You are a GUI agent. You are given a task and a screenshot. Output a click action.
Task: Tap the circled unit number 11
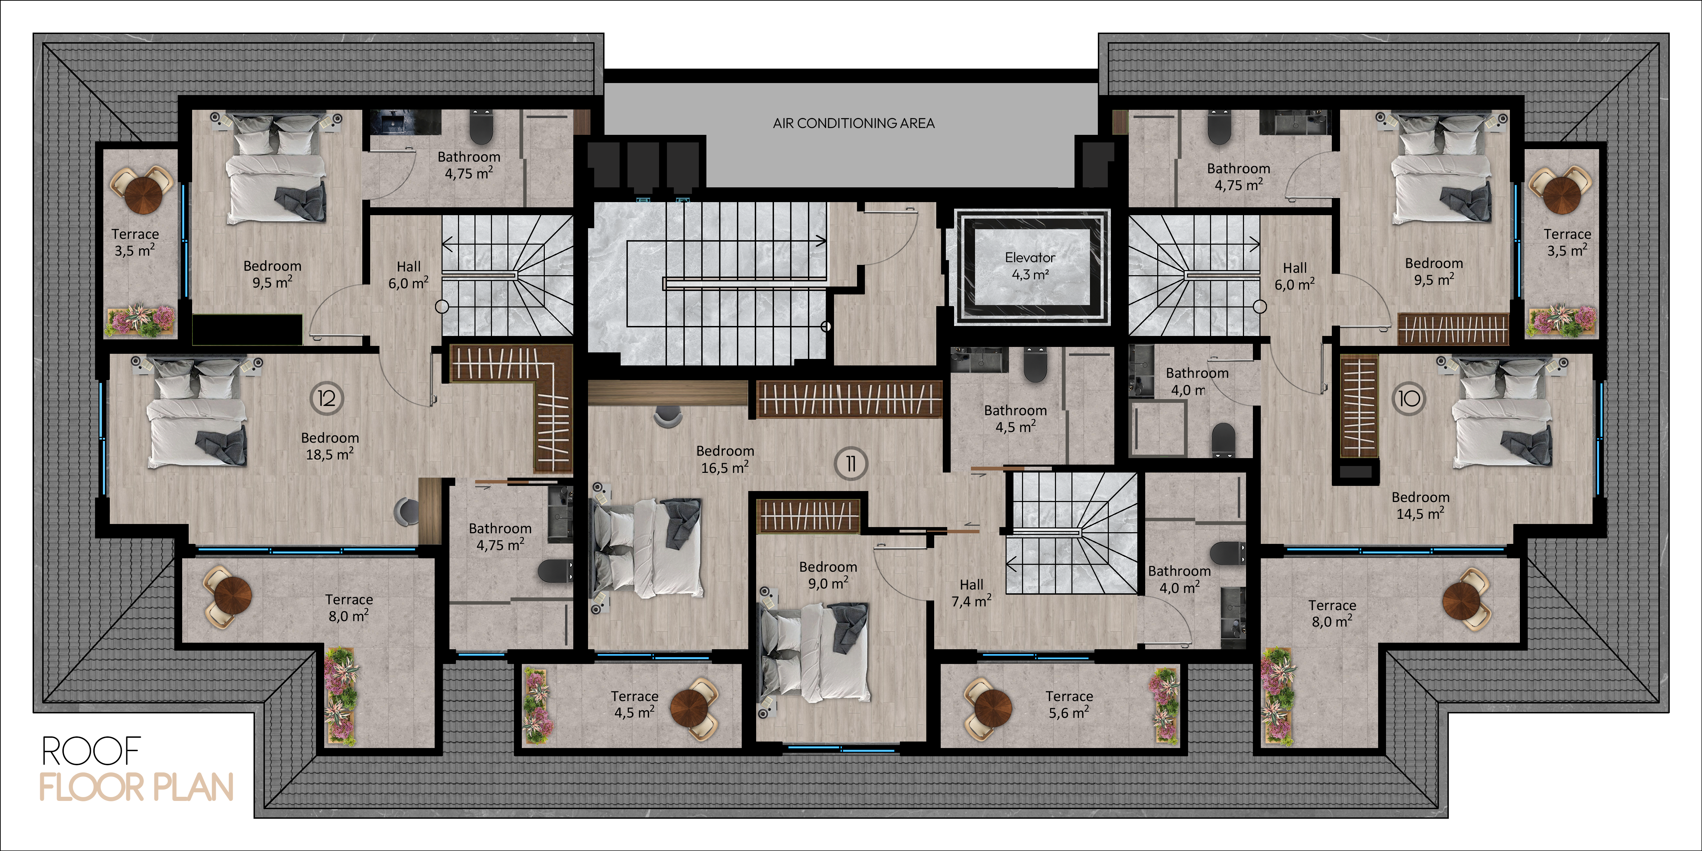pyautogui.click(x=851, y=464)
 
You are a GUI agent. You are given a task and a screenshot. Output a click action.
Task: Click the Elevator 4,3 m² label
pyautogui.click(x=1030, y=266)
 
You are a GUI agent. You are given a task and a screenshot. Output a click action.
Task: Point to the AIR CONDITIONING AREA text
pyautogui.click(x=854, y=123)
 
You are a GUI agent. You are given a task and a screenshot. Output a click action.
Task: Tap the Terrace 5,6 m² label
pyautogui.click(x=1069, y=704)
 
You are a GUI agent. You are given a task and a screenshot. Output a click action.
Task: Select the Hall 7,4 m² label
pyautogui.click(x=971, y=593)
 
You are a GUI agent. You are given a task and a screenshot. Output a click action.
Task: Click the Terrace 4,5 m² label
pyautogui.click(x=634, y=704)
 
